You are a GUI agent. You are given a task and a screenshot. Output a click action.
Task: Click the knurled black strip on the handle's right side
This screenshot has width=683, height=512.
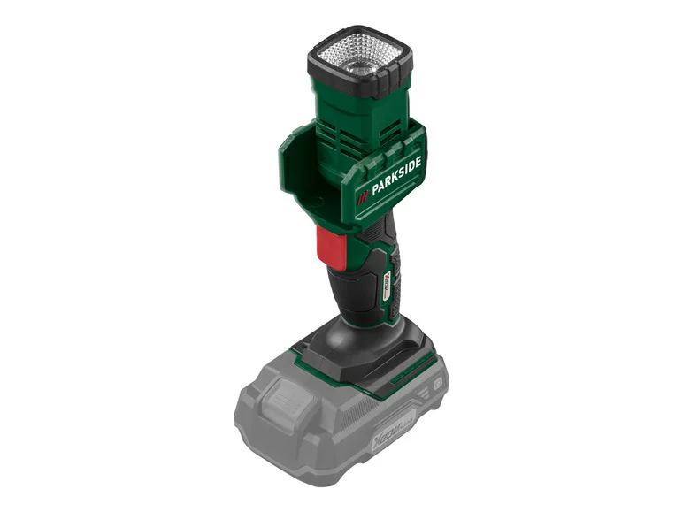(397, 265)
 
